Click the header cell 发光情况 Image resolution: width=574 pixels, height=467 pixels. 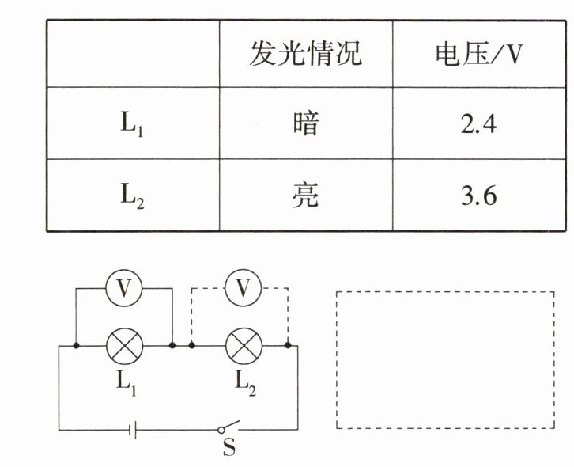(305, 54)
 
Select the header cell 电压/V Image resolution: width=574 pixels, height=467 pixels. (479, 54)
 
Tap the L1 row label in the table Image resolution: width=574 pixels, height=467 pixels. (132, 125)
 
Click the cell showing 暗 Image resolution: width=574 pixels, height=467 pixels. (305, 124)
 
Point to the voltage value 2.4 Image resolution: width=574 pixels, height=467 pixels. (478, 124)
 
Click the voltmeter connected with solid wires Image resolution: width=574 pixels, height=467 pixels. (124, 290)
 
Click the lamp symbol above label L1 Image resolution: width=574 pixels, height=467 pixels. (124, 346)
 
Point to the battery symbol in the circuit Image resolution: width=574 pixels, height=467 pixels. (135, 430)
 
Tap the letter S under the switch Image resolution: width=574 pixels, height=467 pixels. (228, 450)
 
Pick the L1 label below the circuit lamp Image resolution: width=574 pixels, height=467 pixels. (126, 381)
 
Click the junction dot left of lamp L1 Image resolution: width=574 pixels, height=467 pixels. (76, 346)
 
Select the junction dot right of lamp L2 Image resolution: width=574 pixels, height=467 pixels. (288, 346)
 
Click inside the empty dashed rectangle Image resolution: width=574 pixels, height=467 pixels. (445, 360)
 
